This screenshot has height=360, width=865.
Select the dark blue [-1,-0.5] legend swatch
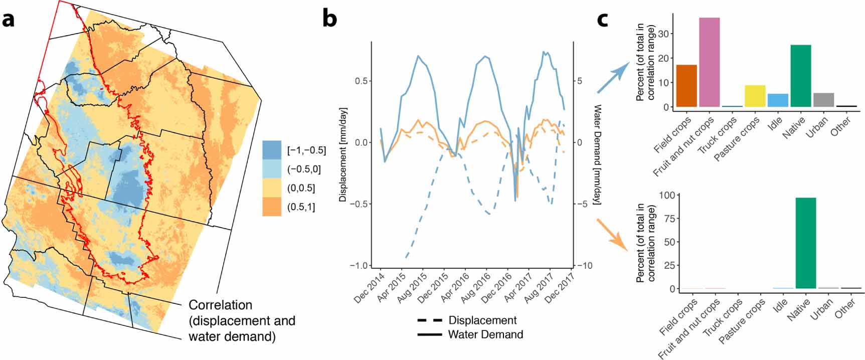(272, 150)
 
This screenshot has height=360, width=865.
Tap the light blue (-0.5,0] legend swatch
(272, 169)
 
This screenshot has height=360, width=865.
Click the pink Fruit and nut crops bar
(709, 62)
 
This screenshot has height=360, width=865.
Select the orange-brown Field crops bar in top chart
(686, 86)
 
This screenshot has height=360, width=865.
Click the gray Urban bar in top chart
(823, 100)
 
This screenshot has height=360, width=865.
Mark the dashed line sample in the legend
(429, 320)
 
